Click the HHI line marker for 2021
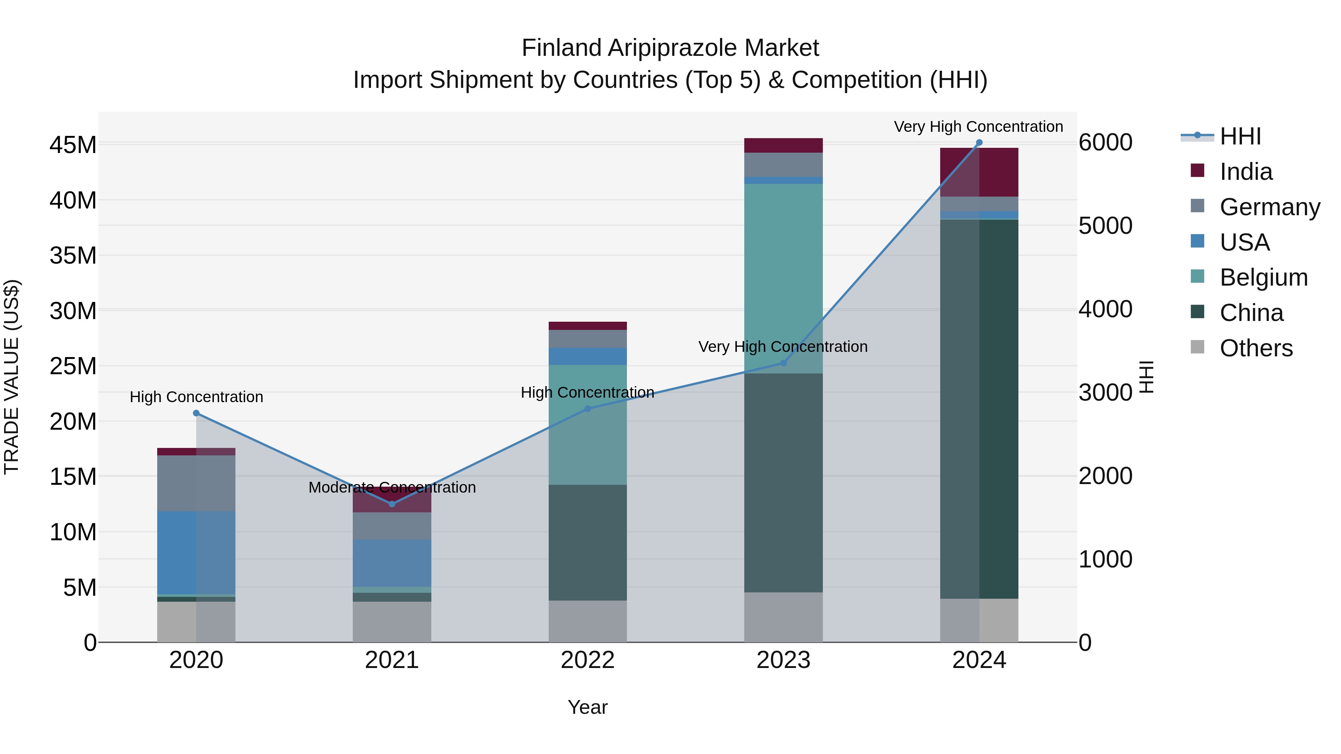[392, 504]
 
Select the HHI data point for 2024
[979, 143]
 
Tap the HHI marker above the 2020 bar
[196, 413]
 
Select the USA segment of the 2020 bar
[196, 552]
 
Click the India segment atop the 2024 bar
[979, 172]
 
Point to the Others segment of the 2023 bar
[783, 617]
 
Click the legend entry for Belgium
[1264, 277]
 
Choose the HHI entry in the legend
[1240, 136]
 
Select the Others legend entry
[1256, 348]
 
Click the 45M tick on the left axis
[73, 145]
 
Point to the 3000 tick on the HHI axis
[1105, 392]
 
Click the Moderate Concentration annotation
[392, 487]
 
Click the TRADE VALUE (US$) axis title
[12, 377]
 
